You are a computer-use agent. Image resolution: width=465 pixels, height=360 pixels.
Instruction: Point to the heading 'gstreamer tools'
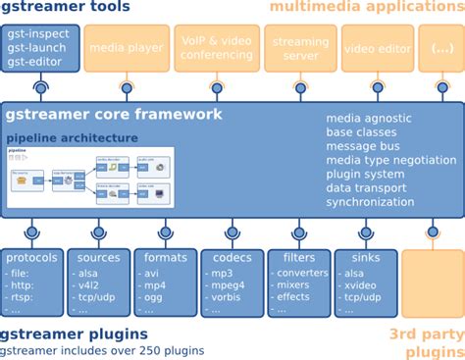(x=73, y=9)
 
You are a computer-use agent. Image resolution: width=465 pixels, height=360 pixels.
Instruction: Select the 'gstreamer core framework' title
(x=114, y=116)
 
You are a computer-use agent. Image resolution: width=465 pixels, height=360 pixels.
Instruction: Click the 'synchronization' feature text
(x=371, y=202)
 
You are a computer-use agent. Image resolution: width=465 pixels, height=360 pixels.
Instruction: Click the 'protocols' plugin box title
(x=31, y=257)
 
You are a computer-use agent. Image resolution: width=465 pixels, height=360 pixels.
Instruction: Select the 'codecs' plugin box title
(x=232, y=257)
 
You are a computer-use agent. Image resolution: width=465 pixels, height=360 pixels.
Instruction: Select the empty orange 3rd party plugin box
(x=432, y=283)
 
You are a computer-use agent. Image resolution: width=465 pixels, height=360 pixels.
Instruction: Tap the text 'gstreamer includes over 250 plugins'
(x=102, y=349)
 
